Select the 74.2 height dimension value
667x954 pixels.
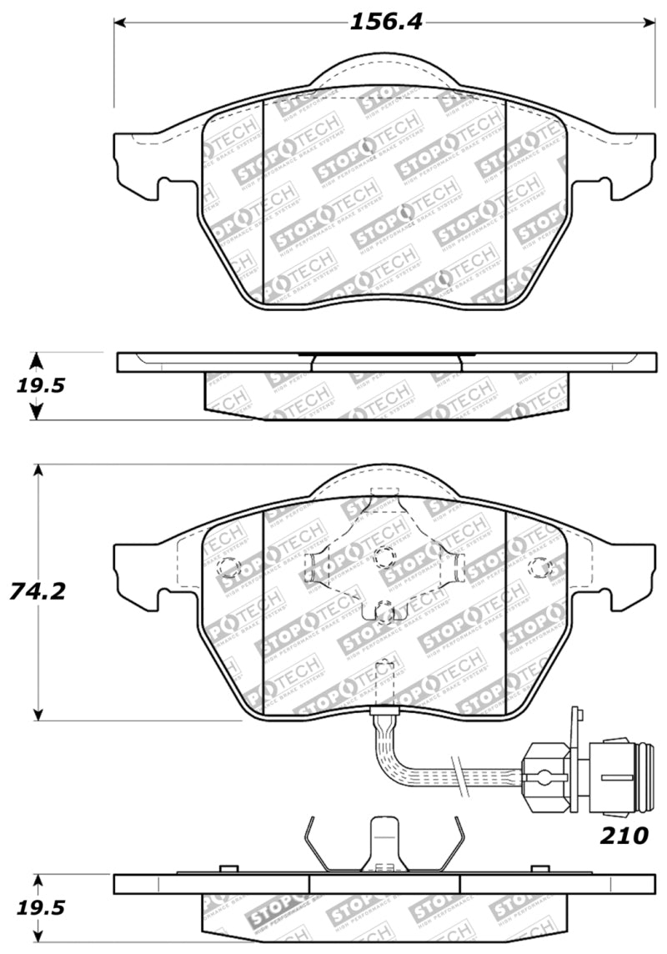[38, 591]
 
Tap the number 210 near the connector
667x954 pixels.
[624, 835]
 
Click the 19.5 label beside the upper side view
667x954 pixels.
[38, 385]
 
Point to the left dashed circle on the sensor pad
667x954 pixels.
[228, 568]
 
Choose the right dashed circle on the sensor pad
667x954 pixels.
[539, 568]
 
